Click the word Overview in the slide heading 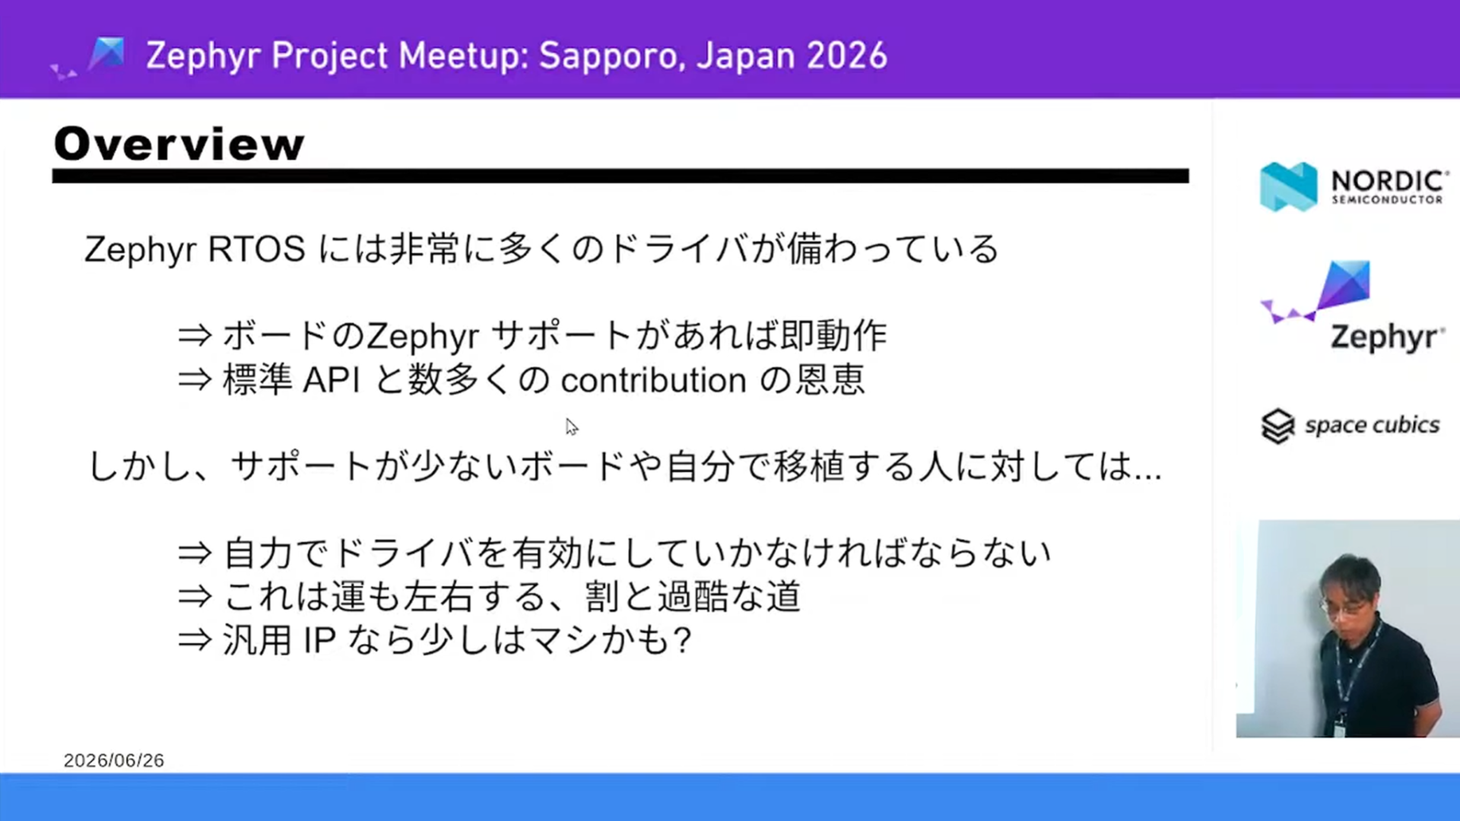click(x=179, y=144)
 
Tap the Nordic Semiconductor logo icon click(x=1288, y=186)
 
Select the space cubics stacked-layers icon click(x=1277, y=426)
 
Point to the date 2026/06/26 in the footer click(x=114, y=760)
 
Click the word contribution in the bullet click(x=654, y=380)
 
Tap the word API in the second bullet click(x=332, y=380)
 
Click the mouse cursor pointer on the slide click(x=572, y=427)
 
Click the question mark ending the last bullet click(x=682, y=640)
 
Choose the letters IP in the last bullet click(x=319, y=640)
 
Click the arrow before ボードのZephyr click(x=194, y=335)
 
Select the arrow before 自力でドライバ click(x=194, y=553)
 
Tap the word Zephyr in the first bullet click(x=423, y=337)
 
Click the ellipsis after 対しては click(x=1147, y=477)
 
